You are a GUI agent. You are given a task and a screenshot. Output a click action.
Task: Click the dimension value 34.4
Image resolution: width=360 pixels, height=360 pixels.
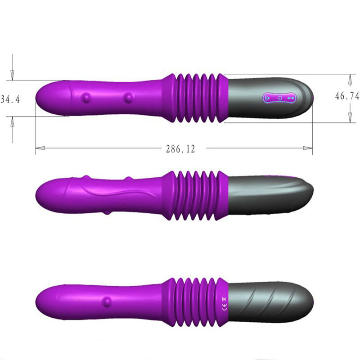click(x=10, y=99)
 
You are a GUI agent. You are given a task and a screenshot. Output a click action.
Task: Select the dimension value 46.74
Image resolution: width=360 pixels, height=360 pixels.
click(x=347, y=96)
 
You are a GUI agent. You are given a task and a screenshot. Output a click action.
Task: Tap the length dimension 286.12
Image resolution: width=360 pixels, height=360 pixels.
click(x=180, y=149)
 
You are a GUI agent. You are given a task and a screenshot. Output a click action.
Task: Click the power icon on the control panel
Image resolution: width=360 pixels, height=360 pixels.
click(x=279, y=98)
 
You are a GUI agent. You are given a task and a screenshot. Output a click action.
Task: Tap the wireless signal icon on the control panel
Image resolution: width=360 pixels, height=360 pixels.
click(x=267, y=98)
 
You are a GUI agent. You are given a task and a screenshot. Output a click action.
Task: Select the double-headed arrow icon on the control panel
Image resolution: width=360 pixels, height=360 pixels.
click(x=291, y=98)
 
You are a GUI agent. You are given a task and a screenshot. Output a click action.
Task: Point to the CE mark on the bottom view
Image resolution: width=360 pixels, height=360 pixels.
click(x=225, y=306)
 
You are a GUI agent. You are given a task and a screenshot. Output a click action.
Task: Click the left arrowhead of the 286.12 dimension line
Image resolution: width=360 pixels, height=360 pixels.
click(x=40, y=148)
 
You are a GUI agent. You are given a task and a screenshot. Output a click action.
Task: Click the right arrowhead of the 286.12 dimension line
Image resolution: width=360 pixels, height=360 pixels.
click(x=308, y=148)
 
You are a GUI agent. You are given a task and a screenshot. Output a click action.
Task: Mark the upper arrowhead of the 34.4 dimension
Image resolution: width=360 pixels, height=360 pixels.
click(x=13, y=75)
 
